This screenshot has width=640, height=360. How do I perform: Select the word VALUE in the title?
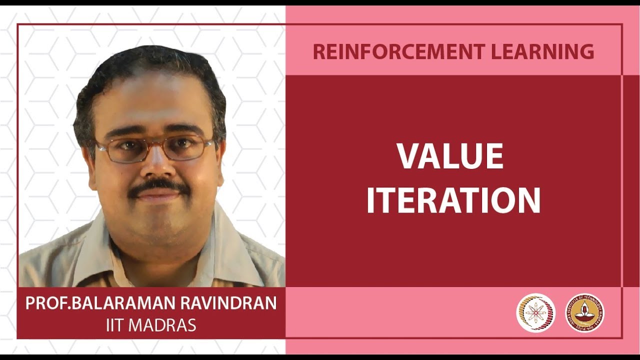(x=450, y=156)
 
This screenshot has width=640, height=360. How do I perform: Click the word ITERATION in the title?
(x=453, y=200)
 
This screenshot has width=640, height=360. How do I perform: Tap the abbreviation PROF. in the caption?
(x=47, y=303)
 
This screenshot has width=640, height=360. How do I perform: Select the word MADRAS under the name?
(x=162, y=325)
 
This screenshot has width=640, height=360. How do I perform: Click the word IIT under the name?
(x=115, y=325)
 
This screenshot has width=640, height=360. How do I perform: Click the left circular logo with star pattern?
(x=535, y=313)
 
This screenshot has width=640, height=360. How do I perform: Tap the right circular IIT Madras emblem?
(x=584, y=313)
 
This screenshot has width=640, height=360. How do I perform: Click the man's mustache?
(x=159, y=186)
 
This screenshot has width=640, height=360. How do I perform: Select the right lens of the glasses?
(x=189, y=147)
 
